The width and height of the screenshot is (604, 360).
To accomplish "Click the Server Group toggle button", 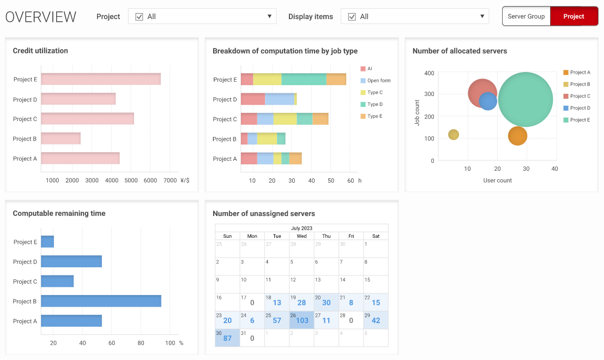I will (526, 16).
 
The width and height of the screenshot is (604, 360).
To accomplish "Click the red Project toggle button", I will (573, 16).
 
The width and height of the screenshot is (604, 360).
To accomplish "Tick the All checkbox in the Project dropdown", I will (139, 17).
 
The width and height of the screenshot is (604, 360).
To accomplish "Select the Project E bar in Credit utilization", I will (101, 79).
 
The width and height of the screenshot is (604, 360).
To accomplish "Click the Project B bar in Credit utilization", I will (61, 139).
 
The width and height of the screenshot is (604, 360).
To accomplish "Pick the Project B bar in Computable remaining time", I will (101, 301).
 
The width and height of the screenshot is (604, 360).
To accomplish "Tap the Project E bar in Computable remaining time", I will (47, 242).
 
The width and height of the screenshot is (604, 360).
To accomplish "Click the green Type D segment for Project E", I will (304, 79).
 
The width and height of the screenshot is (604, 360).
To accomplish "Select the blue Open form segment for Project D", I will (279, 99).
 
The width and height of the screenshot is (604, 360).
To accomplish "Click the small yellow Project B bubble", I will (454, 135).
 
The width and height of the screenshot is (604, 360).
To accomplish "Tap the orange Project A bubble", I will (517, 136).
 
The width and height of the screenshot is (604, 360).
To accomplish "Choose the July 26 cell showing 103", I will (301, 320).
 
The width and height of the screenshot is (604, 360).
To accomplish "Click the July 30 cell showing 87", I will (227, 338).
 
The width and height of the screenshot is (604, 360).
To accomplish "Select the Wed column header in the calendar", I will (301, 236).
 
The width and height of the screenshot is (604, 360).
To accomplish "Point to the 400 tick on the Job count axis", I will (429, 73).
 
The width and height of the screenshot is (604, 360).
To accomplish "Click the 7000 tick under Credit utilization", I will (170, 180).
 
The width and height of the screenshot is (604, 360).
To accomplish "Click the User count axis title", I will (497, 181).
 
